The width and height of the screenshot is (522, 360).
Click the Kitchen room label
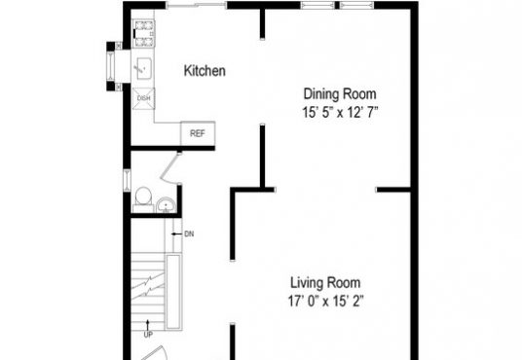[x=205, y=71]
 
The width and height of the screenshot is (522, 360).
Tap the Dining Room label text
[x=340, y=93]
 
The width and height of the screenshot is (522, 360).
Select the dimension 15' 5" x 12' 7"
[x=340, y=113]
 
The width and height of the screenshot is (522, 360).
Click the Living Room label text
[x=325, y=283]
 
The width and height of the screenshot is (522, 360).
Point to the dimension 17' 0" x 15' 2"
[x=325, y=302]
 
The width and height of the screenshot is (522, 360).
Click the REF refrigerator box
[x=198, y=133]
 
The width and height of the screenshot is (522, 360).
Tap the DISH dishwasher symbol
[x=143, y=98]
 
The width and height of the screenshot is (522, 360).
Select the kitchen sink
[x=144, y=68]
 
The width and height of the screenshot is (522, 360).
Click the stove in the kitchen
[x=144, y=34]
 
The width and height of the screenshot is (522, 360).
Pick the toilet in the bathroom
[x=143, y=198]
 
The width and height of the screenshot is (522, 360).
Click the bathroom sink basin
[x=166, y=205]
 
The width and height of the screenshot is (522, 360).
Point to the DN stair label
[x=189, y=234]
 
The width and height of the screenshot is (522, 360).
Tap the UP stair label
[x=148, y=335]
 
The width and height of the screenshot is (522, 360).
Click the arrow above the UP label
[x=148, y=325]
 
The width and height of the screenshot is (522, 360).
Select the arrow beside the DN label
[x=177, y=234]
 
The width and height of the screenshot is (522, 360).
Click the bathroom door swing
[x=169, y=169]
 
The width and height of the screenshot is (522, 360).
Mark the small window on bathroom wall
[x=128, y=180]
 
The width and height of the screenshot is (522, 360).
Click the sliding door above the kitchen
[x=197, y=5]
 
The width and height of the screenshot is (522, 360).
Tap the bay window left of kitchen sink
[x=110, y=66]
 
